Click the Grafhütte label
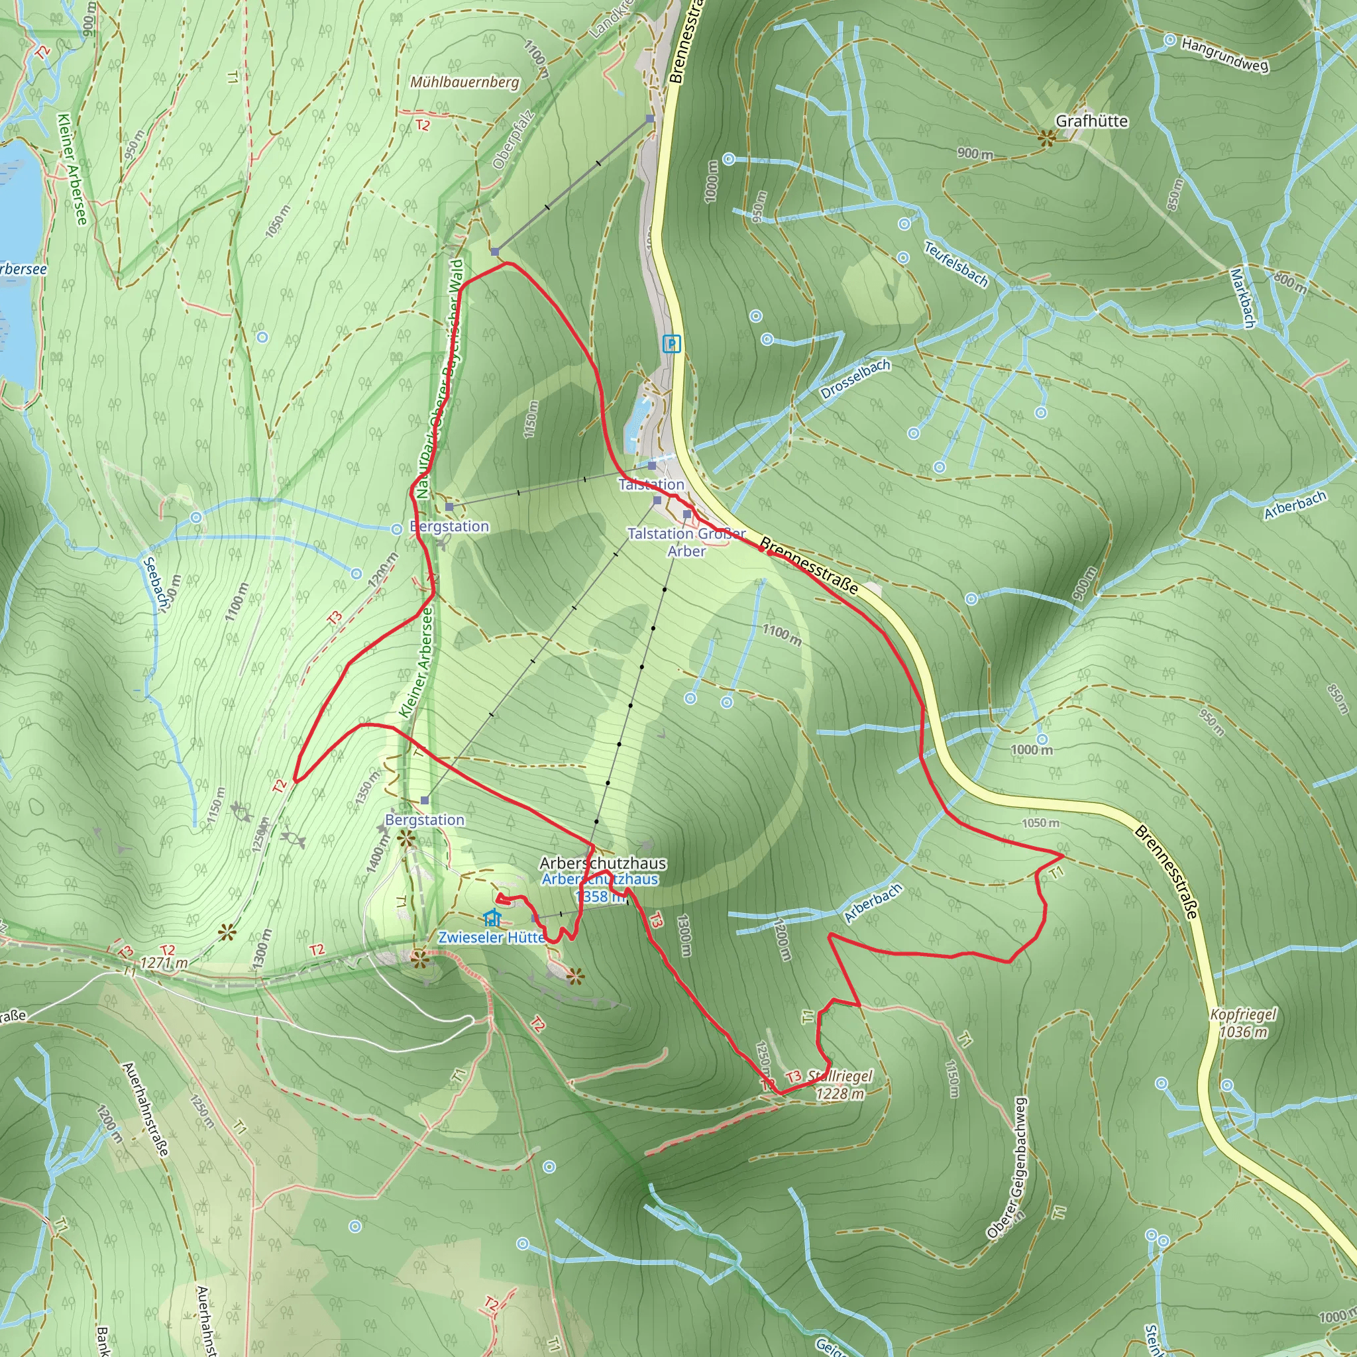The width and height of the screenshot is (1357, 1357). [1091, 121]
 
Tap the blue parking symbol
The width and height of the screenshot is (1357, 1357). [672, 344]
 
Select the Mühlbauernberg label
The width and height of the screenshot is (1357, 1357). [465, 82]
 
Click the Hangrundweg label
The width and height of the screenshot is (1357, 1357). [1224, 55]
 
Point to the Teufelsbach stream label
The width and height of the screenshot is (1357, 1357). [955, 264]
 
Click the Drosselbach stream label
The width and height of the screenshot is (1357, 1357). [855, 379]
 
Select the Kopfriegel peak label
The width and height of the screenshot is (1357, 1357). [1243, 1022]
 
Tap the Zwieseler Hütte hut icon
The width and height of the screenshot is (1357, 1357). [492, 917]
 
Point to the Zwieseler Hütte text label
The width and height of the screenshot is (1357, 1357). [492, 937]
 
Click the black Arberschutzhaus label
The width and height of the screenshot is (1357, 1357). [603, 863]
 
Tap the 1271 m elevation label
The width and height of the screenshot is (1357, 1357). [164, 963]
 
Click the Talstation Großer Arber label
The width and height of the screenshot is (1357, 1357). [686, 542]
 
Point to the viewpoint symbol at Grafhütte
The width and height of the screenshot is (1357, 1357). [1046, 138]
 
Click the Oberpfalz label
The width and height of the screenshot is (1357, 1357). [514, 140]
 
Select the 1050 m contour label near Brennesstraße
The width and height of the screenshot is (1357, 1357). [1040, 822]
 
